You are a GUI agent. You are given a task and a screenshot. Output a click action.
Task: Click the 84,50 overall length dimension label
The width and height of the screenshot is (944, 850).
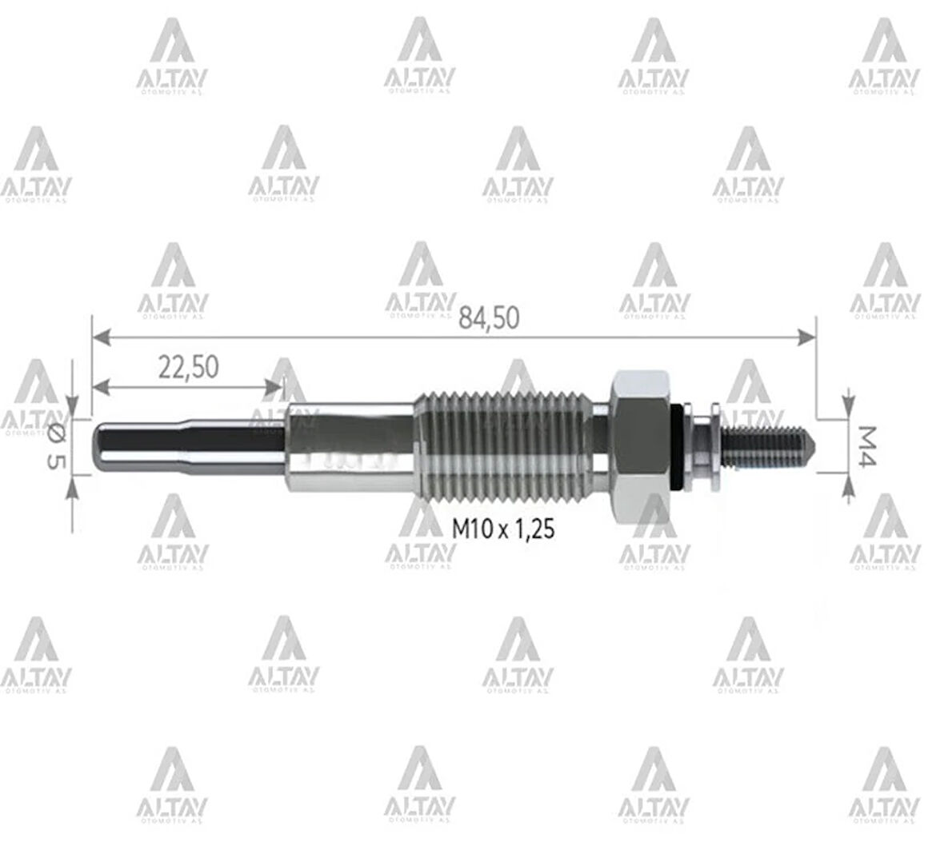point(489,318)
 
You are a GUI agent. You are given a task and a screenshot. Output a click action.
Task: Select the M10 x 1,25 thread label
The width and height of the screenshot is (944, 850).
point(503,529)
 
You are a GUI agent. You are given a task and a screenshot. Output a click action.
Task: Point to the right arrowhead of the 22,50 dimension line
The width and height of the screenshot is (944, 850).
point(277,387)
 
